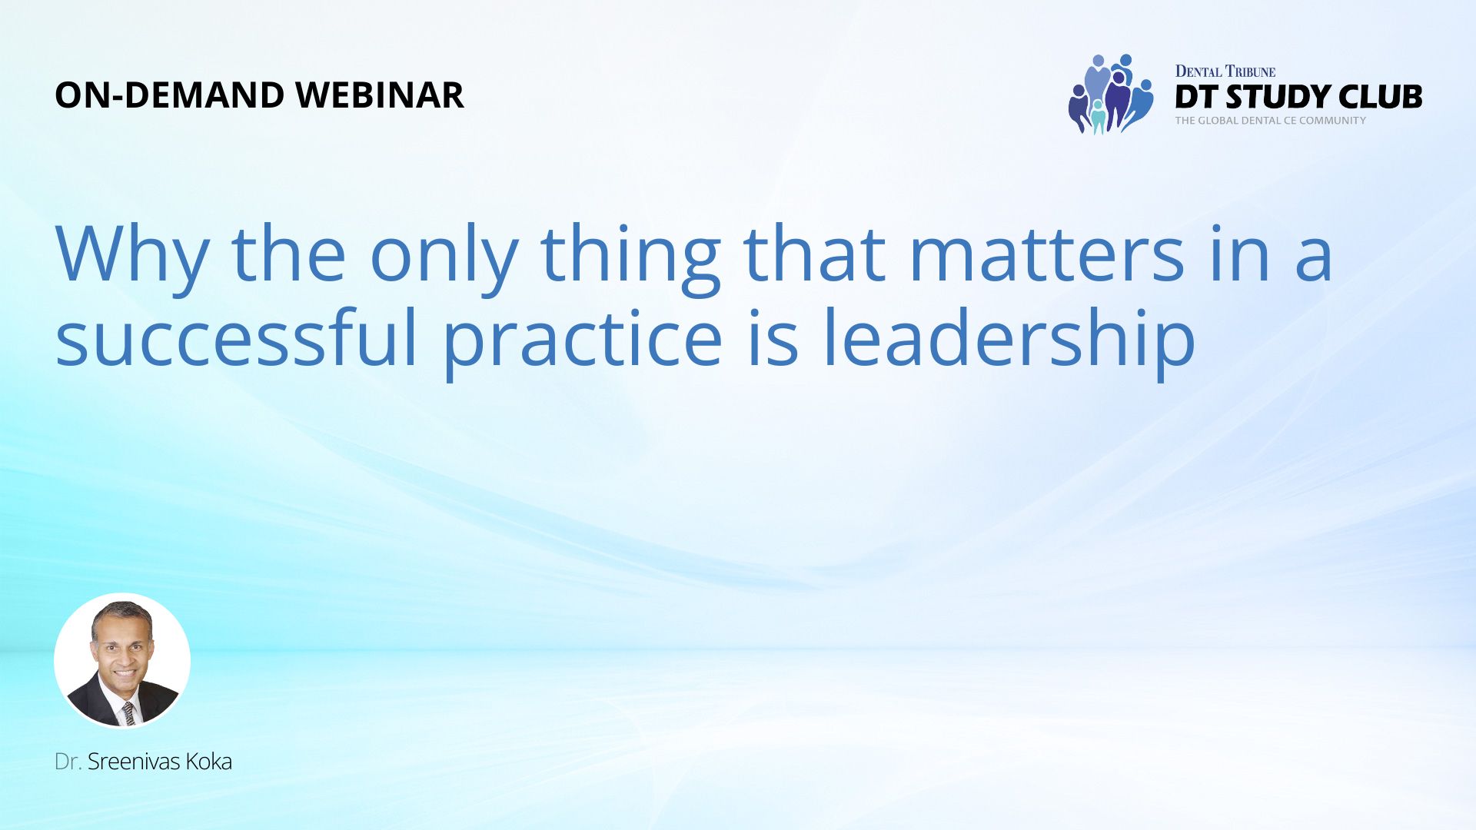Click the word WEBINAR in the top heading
[x=380, y=95]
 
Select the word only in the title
[x=444, y=258]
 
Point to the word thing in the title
[x=630, y=258]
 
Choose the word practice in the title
[x=583, y=343]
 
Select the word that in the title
[x=815, y=254]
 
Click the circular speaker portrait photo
[x=122, y=660]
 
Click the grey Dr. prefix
[x=68, y=762]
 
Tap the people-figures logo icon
[x=1111, y=95]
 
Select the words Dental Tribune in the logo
[x=1225, y=71]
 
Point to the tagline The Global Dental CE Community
[x=1270, y=121]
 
